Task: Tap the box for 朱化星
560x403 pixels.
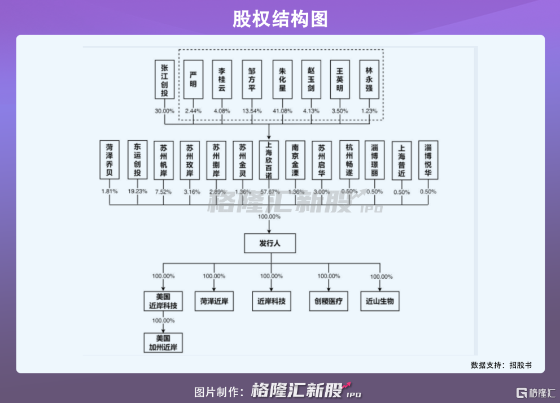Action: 282,80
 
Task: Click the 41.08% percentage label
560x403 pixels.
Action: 282,111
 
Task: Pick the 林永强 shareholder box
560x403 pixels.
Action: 369,80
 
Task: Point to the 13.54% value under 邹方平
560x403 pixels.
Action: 252,111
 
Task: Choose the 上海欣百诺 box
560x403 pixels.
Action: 269,161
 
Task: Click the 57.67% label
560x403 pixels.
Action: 269,192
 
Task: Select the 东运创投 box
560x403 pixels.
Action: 137,161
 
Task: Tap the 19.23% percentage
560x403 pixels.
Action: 137,192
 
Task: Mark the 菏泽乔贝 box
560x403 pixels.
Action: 110,161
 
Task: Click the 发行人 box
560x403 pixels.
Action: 269,244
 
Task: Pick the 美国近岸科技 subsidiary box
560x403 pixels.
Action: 163,301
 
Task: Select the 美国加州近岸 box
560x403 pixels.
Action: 163,343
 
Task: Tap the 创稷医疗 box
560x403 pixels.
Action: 328,301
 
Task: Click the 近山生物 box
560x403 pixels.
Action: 380,301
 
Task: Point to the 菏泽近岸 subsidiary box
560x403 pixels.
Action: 214,301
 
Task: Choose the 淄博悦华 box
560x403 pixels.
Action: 428,161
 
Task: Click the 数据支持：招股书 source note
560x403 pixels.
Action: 501,365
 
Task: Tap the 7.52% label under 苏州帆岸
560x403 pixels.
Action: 164,192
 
